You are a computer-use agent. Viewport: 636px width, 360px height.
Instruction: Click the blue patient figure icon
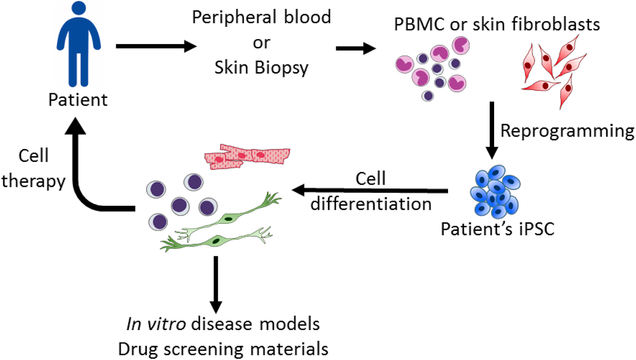pos(78,44)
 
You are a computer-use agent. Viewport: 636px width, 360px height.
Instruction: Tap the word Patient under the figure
pos(78,100)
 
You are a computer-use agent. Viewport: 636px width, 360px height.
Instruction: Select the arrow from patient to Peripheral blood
pos(155,46)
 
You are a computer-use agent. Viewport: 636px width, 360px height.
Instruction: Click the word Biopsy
pos(281,68)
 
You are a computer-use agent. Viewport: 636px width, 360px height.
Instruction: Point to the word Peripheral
pos(235,17)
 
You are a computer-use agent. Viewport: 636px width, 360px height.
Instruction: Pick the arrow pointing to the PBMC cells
pos(355,48)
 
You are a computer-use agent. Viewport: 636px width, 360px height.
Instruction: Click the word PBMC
pos(419,25)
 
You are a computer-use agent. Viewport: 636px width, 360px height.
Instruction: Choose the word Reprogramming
pos(567,131)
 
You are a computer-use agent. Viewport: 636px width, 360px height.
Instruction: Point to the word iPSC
pos(536,229)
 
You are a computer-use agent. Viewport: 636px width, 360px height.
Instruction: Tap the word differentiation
pos(371,204)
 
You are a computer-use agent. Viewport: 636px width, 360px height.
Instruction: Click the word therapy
pos(33,181)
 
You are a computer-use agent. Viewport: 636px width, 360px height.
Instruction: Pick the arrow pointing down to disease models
pos(216,284)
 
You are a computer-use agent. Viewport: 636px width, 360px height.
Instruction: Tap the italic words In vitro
pos(156,324)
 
